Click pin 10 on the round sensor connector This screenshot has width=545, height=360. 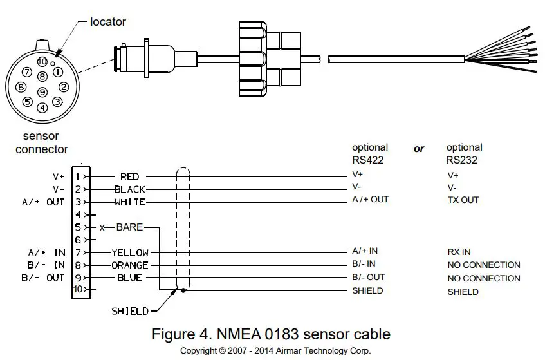pyautogui.click(x=42, y=62)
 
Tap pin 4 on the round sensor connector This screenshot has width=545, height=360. pyautogui.click(x=42, y=108)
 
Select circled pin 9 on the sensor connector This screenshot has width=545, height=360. pyautogui.click(x=42, y=92)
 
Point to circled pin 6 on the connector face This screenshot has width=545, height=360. pyautogui.click(x=21, y=87)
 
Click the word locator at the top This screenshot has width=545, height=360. pyautogui.click(x=107, y=21)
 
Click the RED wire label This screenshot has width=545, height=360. pyautogui.click(x=129, y=176)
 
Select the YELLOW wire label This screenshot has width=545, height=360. pyautogui.click(x=130, y=252)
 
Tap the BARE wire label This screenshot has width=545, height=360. pyautogui.click(x=129, y=227)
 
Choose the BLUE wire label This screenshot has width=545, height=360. pyautogui.click(x=129, y=278)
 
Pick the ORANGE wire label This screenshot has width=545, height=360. pyautogui.click(x=130, y=265)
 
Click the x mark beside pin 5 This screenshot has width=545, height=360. pyautogui.click(x=102, y=227)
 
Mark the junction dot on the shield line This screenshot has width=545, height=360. pyautogui.click(x=183, y=290)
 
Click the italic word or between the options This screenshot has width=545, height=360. pyautogui.click(x=419, y=149)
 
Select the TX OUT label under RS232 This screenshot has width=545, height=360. pyautogui.click(x=463, y=200)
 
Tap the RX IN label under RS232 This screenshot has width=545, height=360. pyautogui.click(x=459, y=252)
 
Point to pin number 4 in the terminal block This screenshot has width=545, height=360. pyautogui.click(x=79, y=214)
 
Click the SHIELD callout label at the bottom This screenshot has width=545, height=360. pyautogui.click(x=130, y=311)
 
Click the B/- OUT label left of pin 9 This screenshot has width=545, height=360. pyautogui.click(x=43, y=278)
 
